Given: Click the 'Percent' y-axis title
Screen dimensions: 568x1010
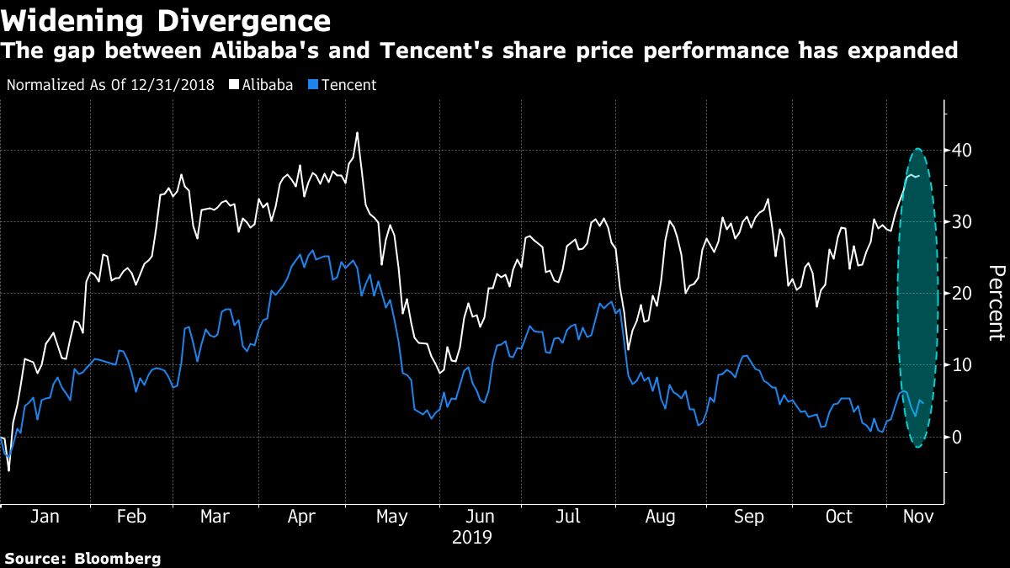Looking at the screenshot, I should point(997,302).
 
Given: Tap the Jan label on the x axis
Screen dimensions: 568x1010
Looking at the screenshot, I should point(44,516).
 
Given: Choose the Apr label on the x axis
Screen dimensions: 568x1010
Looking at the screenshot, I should point(301,516).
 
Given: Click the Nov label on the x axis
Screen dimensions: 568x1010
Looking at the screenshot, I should point(917,516).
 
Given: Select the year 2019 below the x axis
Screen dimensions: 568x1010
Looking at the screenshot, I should point(473,536).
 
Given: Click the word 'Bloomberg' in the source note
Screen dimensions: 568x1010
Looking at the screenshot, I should point(117,558).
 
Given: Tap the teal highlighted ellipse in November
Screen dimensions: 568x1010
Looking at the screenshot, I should point(917,298).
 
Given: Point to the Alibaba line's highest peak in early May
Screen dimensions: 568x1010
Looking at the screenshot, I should point(357,133).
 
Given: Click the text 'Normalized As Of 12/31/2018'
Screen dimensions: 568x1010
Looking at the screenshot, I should point(109,85).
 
